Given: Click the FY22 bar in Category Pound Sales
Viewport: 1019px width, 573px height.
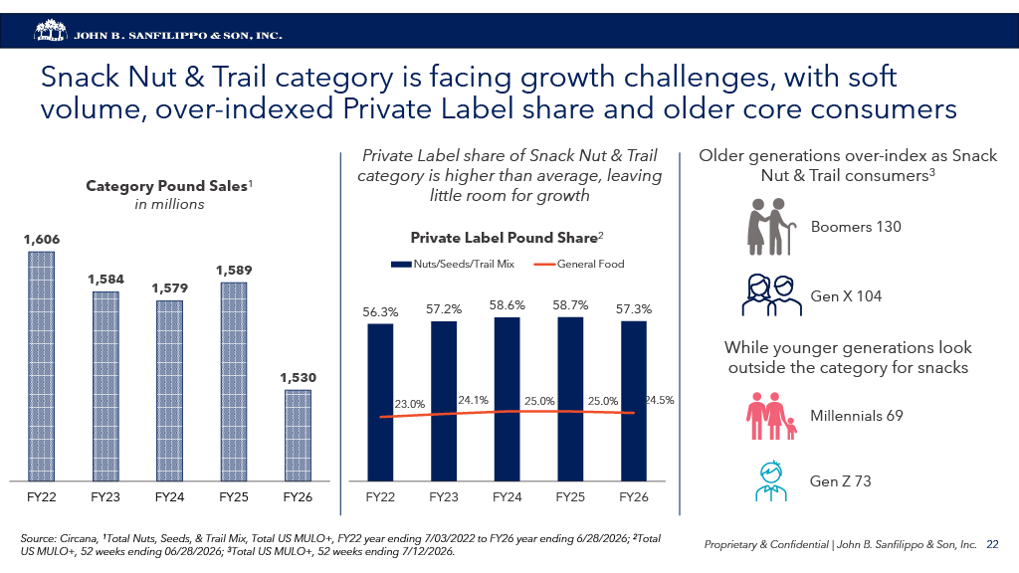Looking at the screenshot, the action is (x=41, y=366).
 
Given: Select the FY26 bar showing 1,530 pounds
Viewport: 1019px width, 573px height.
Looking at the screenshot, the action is (x=298, y=436).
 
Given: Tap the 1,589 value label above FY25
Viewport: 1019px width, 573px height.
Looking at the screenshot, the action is (x=234, y=271).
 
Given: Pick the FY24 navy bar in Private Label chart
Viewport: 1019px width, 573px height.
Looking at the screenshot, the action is (x=507, y=399).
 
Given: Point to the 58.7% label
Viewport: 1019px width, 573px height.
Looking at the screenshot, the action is (x=570, y=305).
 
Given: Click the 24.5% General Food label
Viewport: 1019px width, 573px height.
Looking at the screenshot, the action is (x=659, y=400).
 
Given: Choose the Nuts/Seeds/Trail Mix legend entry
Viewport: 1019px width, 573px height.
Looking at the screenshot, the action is (x=453, y=264).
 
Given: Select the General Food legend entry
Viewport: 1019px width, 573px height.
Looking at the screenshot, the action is (x=578, y=264).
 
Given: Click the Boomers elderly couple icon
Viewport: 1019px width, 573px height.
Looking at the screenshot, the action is (x=771, y=227).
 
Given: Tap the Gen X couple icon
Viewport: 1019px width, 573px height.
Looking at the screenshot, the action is (x=771, y=295).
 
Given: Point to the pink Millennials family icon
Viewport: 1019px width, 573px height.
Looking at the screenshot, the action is (x=771, y=416).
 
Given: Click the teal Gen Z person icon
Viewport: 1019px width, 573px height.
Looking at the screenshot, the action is (x=771, y=480).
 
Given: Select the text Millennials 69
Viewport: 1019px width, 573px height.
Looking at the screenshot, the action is (x=857, y=416).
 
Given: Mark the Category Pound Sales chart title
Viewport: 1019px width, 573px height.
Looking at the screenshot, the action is (x=169, y=186).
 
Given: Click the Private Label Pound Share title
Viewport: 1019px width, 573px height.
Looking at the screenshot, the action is (x=507, y=238).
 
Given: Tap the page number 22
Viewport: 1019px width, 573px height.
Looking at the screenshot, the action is (x=992, y=544).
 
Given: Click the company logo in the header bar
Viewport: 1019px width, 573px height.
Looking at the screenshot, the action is (x=51, y=31).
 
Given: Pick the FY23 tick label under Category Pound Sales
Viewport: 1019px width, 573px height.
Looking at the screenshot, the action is (x=105, y=497).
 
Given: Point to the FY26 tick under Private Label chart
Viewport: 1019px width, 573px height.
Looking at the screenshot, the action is (x=634, y=497).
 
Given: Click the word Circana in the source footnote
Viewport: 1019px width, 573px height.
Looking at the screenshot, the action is (x=79, y=538).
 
